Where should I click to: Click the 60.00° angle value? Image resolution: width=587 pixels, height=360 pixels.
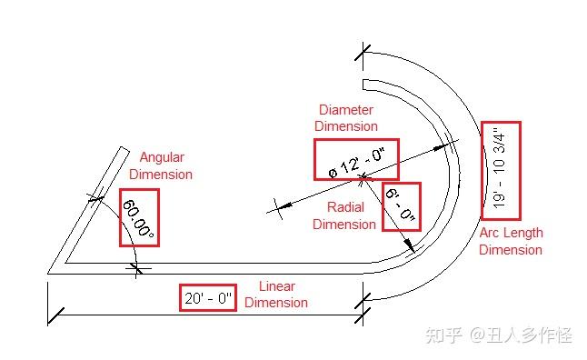pos(138,218)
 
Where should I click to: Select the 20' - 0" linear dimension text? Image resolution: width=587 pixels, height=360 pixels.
pos(208,297)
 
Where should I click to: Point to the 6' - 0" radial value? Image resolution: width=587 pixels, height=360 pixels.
pos(401,206)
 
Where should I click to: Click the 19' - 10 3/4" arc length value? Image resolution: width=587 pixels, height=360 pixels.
pos(501,170)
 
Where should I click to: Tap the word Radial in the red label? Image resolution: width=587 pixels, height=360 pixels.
pos(345,207)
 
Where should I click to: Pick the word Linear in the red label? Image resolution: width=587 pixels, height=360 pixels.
pos(276,285)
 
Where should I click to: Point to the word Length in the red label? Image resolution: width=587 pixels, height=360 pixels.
pos(523,233)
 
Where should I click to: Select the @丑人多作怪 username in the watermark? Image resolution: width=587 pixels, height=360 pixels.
pos(521,335)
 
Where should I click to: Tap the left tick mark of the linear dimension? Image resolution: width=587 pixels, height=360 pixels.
pos(56,315)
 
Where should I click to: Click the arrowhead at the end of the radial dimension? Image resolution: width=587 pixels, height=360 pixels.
pos(412,245)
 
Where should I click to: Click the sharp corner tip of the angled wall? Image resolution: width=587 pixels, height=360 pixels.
pos(49,270)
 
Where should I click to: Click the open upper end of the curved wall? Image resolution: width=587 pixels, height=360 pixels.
pos(363,85)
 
